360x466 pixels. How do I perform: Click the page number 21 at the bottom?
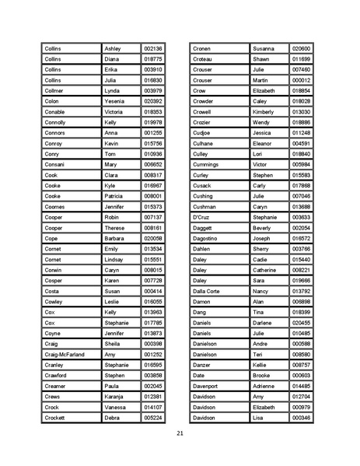click(x=180, y=433)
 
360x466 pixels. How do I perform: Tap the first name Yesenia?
click(x=114, y=101)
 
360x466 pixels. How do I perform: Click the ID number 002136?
click(x=153, y=48)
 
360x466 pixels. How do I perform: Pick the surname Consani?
click(x=55, y=164)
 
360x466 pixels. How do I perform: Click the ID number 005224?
click(x=153, y=418)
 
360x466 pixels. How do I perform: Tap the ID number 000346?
click(x=301, y=418)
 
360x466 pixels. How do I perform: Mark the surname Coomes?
click(x=55, y=207)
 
